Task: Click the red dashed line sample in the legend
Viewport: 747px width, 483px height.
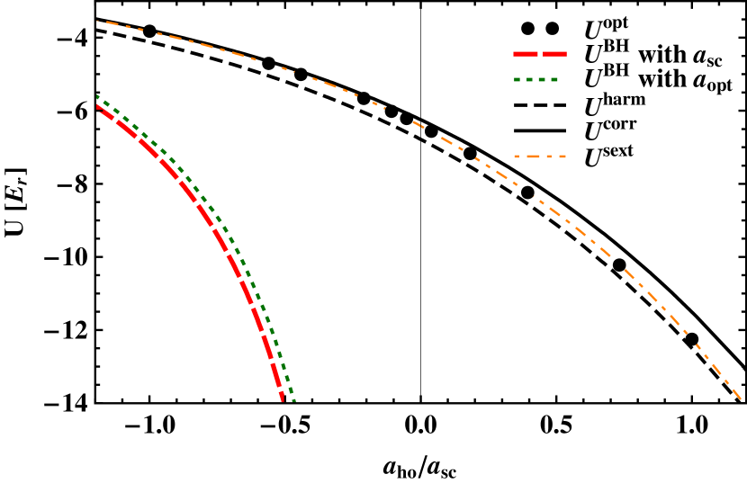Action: point(540,54)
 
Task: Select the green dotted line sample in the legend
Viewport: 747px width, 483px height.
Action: point(536,79)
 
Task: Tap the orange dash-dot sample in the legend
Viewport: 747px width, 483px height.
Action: point(540,157)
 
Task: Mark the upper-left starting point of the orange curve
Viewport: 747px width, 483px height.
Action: point(98,21)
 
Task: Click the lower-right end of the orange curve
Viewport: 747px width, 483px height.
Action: point(740,397)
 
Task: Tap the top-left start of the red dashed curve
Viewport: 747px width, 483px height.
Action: point(97,105)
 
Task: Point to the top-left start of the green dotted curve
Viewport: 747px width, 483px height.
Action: point(97,96)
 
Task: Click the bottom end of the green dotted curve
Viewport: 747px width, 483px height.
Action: point(292,400)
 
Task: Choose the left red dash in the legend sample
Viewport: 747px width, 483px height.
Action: point(526,54)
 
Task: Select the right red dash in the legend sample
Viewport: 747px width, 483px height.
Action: point(554,54)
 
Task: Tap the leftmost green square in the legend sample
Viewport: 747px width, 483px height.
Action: point(517,79)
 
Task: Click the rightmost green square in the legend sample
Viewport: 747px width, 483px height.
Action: point(554,79)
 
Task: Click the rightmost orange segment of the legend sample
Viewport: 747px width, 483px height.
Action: point(562,157)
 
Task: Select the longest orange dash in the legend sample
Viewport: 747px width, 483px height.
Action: point(531,157)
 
